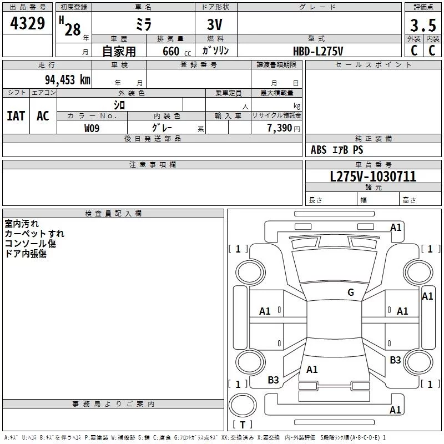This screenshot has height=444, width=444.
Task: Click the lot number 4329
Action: point(28,24)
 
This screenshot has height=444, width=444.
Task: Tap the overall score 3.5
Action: point(422,26)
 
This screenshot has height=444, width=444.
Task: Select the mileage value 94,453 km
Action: point(67,79)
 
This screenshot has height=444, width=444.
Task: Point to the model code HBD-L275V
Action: point(318,51)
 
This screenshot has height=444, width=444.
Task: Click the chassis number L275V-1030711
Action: point(373,176)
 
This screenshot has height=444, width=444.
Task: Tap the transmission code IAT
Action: point(16,116)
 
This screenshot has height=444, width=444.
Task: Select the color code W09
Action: point(92,128)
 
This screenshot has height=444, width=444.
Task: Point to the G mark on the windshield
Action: point(351,292)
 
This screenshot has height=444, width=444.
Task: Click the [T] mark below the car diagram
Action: point(242,425)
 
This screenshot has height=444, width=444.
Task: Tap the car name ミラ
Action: point(143,25)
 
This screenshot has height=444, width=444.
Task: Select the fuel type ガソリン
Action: point(216,51)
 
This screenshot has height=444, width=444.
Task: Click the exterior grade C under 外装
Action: point(414,50)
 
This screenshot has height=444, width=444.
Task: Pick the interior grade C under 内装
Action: point(432,50)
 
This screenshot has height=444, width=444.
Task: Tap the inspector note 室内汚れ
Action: point(22,224)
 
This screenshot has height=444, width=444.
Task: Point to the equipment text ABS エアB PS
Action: point(337,150)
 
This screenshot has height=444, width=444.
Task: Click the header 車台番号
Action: point(374,165)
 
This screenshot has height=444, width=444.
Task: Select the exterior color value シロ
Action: point(119,104)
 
